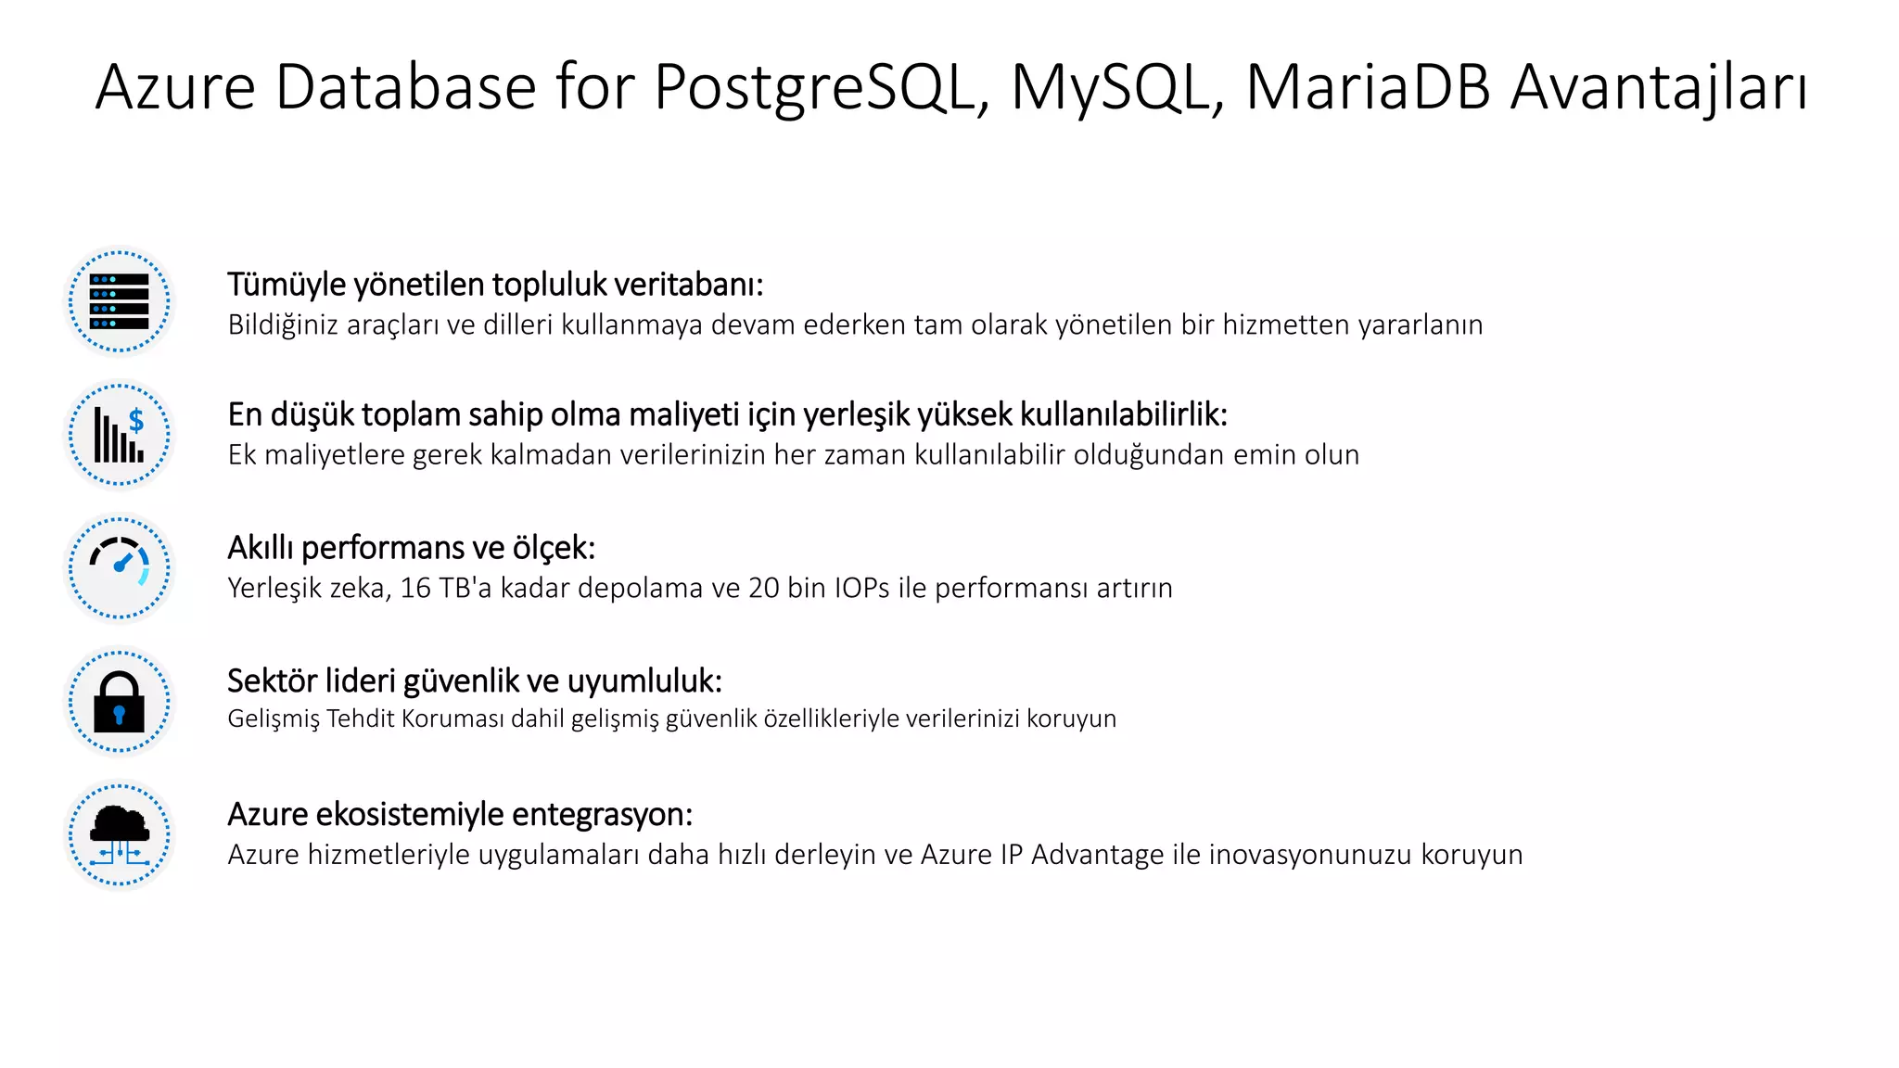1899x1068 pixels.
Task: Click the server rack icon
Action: coord(120,301)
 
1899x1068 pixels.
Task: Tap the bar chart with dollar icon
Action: coord(120,435)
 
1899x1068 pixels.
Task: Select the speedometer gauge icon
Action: coord(120,567)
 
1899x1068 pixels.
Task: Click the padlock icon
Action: coord(120,702)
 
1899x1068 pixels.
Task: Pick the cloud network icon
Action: coord(120,834)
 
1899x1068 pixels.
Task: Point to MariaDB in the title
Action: coord(1368,88)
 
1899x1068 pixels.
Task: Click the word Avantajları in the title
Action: coord(1658,88)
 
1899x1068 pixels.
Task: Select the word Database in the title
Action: coord(406,88)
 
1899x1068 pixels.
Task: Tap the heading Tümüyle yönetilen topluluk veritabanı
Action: coord(495,285)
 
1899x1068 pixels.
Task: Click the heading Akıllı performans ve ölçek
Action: coord(411,548)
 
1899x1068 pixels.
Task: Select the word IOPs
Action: coord(861,588)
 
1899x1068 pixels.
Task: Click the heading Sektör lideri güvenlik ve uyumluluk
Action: coord(474,681)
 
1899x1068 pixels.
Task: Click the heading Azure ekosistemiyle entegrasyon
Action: coord(460,814)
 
